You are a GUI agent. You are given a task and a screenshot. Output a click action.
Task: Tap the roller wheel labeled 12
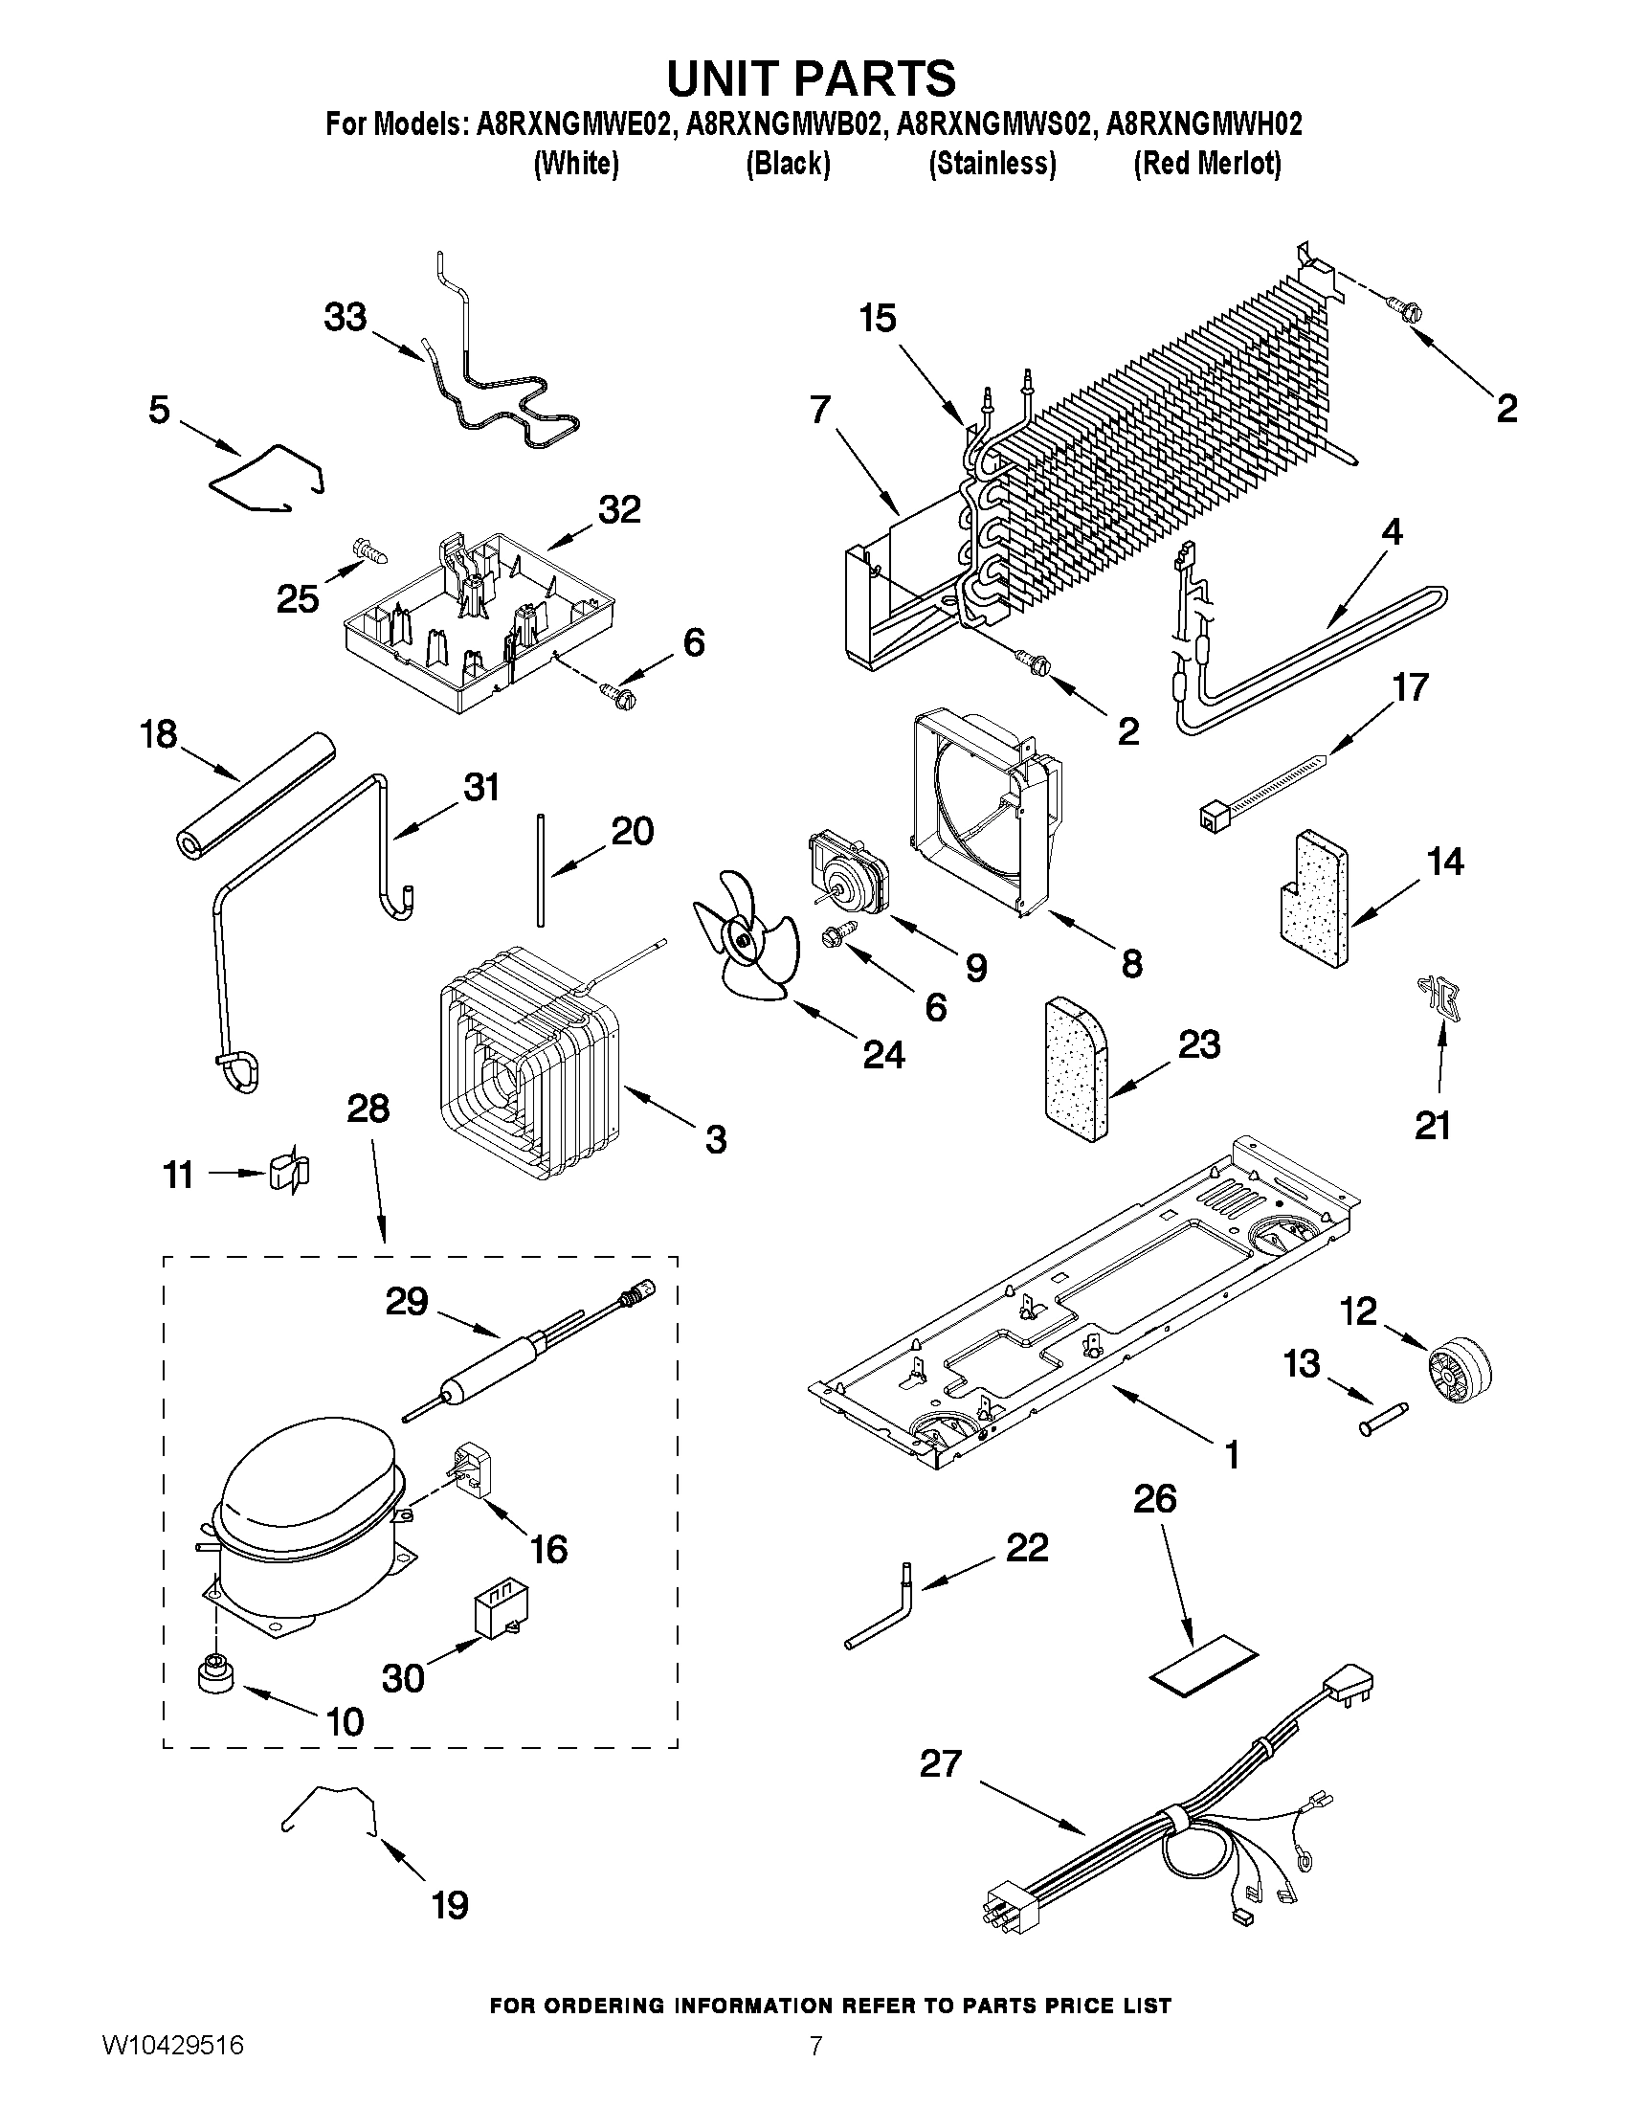pyautogui.click(x=1458, y=1372)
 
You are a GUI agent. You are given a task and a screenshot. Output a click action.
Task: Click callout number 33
pyautogui.click(x=345, y=318)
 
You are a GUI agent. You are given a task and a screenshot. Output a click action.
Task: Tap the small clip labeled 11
pyautogui.click(x=290, y=1172)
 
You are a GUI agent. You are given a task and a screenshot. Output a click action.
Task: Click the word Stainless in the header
pyautogui.click(x=992, y=164)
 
